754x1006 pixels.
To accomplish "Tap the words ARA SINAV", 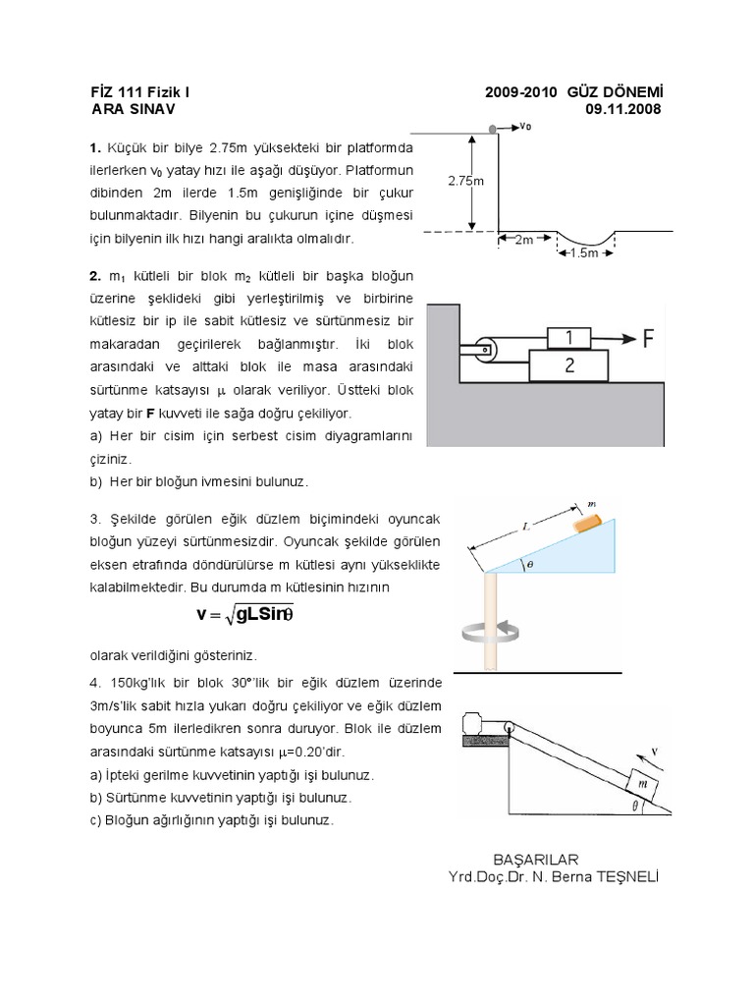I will click(x=131, y=109).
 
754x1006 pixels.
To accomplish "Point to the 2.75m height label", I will click(x=465, y=181).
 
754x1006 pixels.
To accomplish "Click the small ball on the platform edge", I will click(x=493, y=127).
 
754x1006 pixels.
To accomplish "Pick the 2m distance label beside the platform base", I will click(x=524, y=240).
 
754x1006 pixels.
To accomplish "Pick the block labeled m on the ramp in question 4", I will click(x=641, y=784).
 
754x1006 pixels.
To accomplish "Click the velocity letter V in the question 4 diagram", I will click(x=655, y=754).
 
